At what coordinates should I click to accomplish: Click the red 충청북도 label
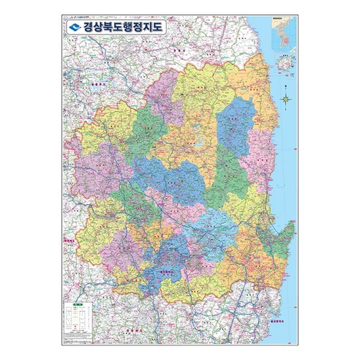click(x=94, y=86)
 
